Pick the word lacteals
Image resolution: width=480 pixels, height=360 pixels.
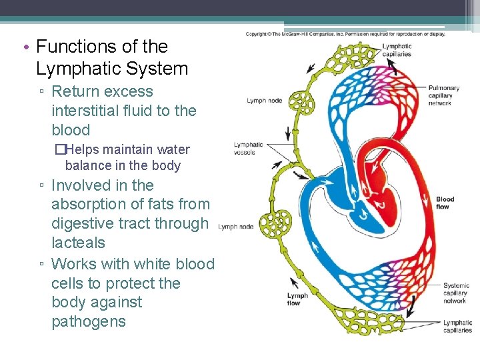click(78, 243)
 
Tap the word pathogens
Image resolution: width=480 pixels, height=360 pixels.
click(89, 321)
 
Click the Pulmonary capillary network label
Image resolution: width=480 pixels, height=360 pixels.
click(443, 95)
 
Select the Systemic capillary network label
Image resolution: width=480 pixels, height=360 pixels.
click(456, 293)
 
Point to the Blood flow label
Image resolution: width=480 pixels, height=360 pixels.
click(445, 203)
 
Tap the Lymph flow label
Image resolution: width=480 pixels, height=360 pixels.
click(297, 299)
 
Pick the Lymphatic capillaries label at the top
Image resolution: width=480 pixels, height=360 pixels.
click(397, 50)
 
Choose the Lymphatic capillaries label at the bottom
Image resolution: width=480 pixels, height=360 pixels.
click(457, 326)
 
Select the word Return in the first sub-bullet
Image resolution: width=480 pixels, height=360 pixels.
click(75, 91)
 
